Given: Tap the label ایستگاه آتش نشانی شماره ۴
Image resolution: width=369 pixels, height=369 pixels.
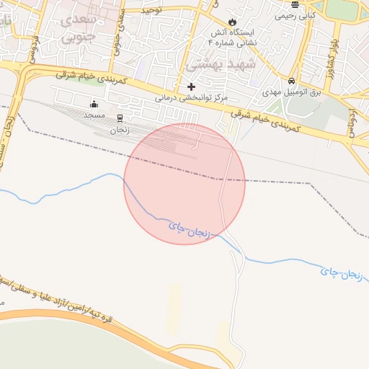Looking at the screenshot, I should pos(230,38).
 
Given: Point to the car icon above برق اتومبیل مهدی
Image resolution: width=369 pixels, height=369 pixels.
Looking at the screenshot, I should pos(291,81).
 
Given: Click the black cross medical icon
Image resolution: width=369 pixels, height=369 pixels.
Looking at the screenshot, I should pos(191,86).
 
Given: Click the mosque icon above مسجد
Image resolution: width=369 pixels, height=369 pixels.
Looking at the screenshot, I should pos(94,105).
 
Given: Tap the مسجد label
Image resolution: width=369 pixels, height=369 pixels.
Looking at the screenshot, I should pos(94,115).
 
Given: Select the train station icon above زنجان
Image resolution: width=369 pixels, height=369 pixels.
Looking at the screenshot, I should pos(120,118).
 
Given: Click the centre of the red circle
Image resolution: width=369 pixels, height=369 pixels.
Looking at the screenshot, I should pos(184,184).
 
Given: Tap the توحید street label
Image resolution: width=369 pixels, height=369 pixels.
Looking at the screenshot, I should pos(152,11).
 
